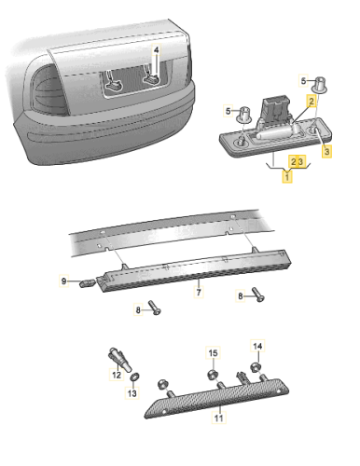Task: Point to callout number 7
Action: click(x=198, y=292)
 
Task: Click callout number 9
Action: click(x=64, y=281)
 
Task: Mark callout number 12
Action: click(x=118, y=375)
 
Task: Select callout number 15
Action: click(x=212, y=353)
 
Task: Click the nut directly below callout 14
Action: click(x=257, y=370)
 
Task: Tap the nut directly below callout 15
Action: click(x=213, y=375)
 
